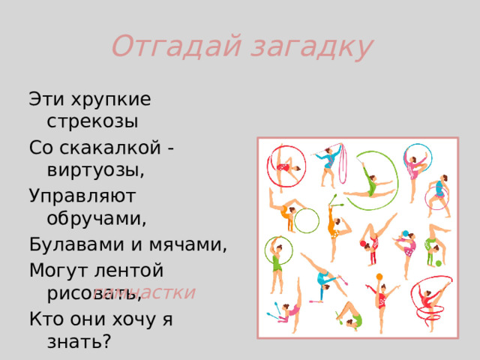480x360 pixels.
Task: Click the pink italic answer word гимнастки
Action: (150, 292)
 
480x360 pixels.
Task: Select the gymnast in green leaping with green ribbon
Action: (371, 180)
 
